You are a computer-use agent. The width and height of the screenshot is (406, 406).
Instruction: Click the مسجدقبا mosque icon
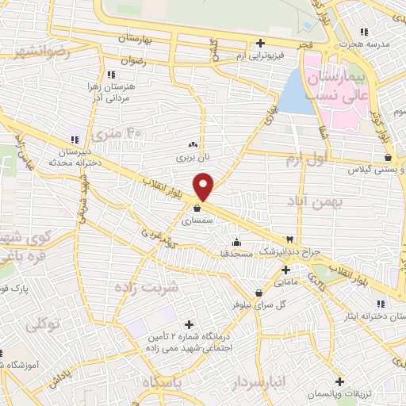click(x=236, y=243)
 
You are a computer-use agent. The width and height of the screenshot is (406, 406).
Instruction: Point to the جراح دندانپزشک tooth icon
click(x=290, y=239)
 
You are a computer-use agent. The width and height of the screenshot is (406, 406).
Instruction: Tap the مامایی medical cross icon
click(x=285, y=270)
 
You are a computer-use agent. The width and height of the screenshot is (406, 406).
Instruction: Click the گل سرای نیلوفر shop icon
click(x=258, y=293)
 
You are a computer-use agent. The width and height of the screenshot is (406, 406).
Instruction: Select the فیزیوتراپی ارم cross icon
click(x=260, y=44)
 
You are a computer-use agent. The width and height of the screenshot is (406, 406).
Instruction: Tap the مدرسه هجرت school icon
click(x=363, y=32)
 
